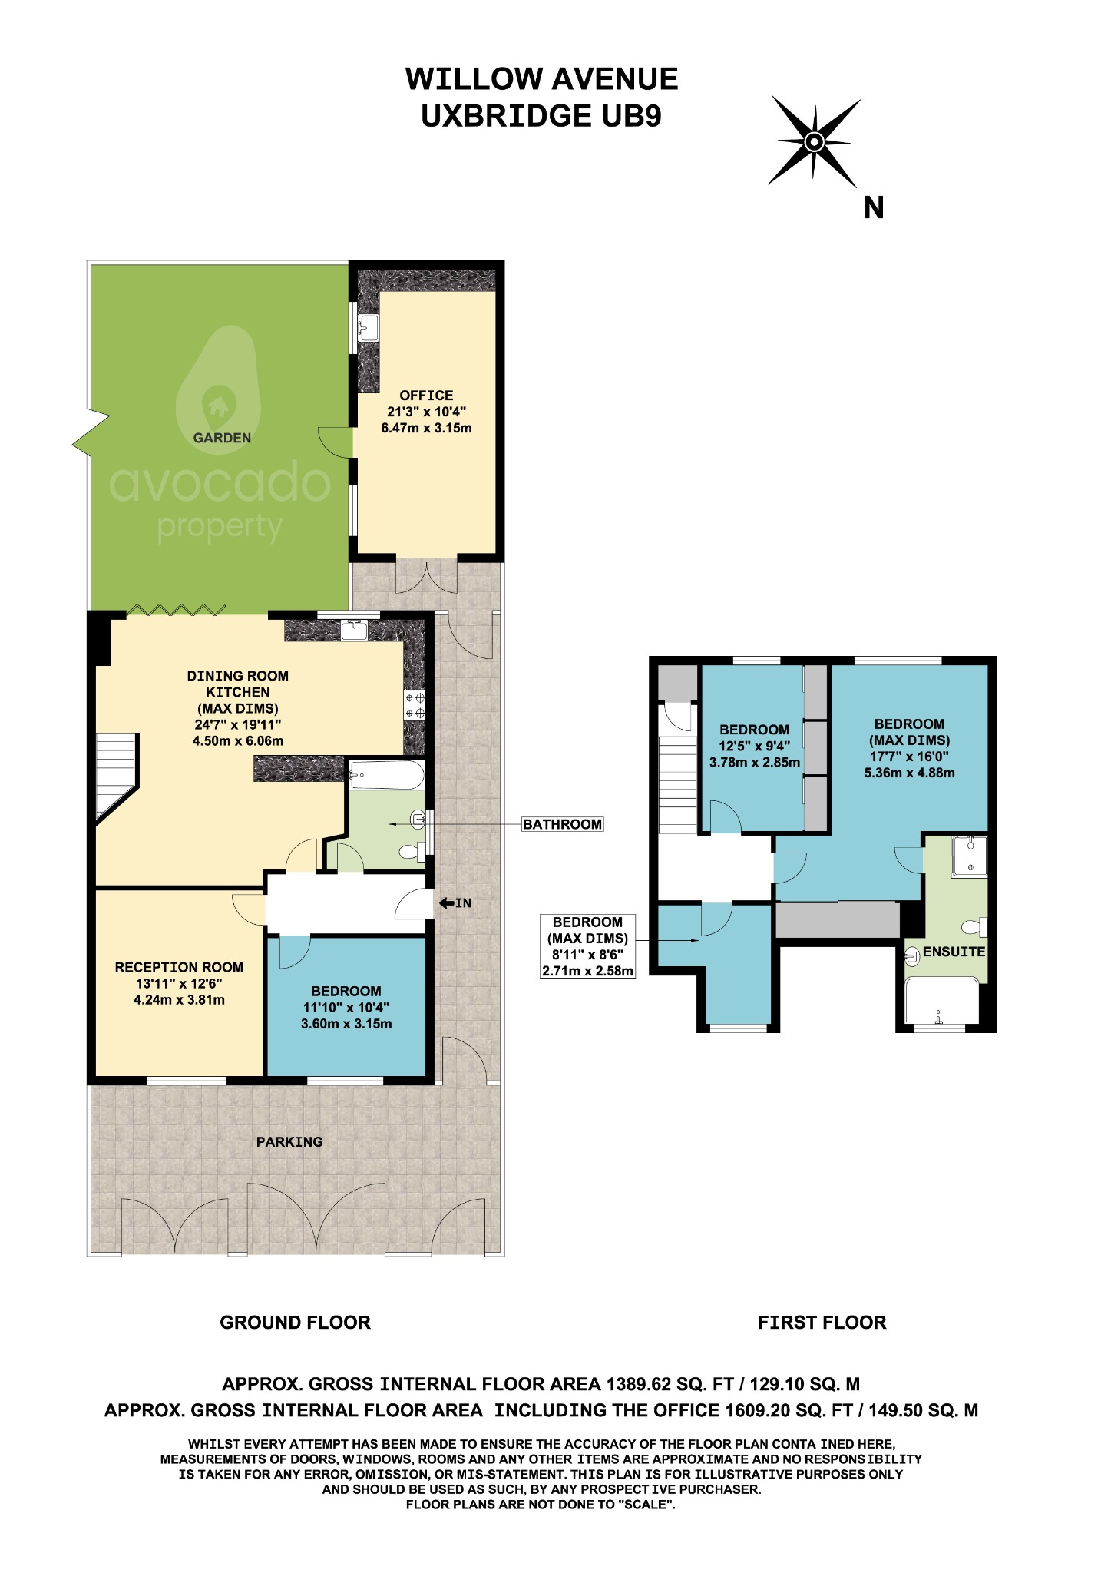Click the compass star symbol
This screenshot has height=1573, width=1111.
pos(815,141)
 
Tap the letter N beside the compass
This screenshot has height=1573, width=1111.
pos(874,208)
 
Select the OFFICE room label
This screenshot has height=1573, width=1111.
pos(426,396)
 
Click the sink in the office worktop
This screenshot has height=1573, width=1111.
pos(368,328)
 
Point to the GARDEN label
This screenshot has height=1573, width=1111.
pos(222,438)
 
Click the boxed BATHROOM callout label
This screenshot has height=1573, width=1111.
pos(562,824)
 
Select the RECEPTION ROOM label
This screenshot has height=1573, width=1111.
pos(179,968)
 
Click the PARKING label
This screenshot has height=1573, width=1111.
pos(289,1142)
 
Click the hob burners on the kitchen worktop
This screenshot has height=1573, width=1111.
pos(415,706)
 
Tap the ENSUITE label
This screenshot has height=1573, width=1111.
pos(954,952)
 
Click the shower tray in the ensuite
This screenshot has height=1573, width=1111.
pos(968,856)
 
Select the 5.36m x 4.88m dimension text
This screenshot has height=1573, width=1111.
pos(909,773)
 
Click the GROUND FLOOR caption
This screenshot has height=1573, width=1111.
pos(295,1323)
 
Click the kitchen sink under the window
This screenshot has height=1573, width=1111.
pos(355,631)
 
